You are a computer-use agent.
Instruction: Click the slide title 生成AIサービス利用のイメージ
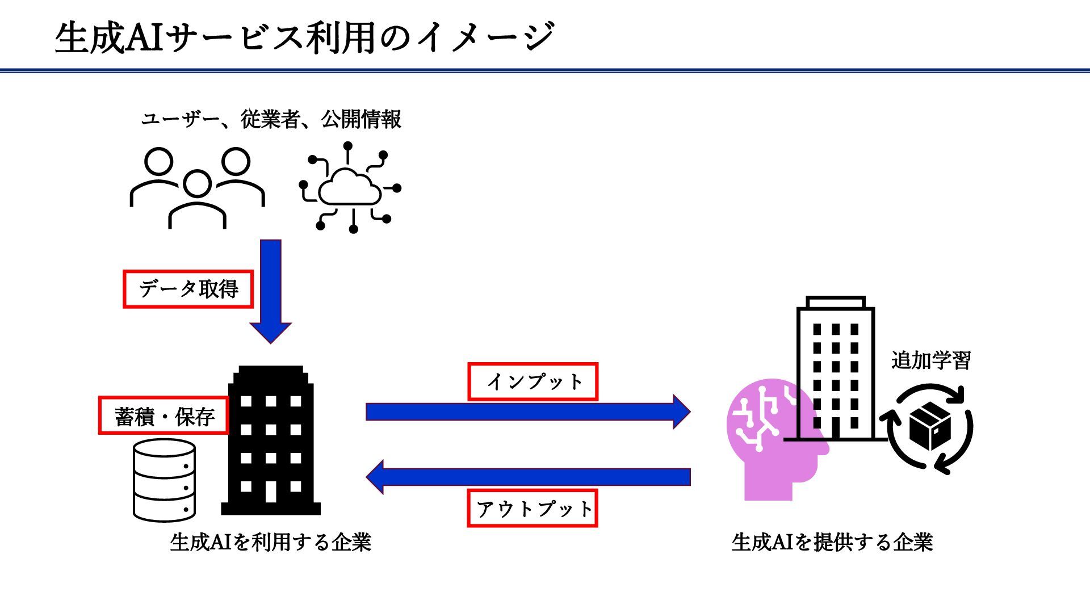(304, 37)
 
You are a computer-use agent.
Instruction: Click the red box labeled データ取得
(188, 289)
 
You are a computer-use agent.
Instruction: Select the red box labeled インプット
(533, 381)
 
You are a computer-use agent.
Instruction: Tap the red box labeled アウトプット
(533, 509)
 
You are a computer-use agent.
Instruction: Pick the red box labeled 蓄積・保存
(163, 416)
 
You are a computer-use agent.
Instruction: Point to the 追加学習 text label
(930, 360)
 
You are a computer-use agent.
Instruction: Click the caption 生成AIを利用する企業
(270, 542)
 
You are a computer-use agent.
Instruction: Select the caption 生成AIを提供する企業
(832, 542)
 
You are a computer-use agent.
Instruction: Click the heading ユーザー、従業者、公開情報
(271, 119)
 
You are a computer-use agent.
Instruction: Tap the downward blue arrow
(271, 289)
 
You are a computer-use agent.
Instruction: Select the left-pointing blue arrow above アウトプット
(528, 477)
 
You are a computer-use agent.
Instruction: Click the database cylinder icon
(164, 480)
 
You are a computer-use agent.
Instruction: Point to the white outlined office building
(835, 369)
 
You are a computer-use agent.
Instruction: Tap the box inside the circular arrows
(930, 426)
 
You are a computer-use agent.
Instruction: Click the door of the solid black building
(271, 492)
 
